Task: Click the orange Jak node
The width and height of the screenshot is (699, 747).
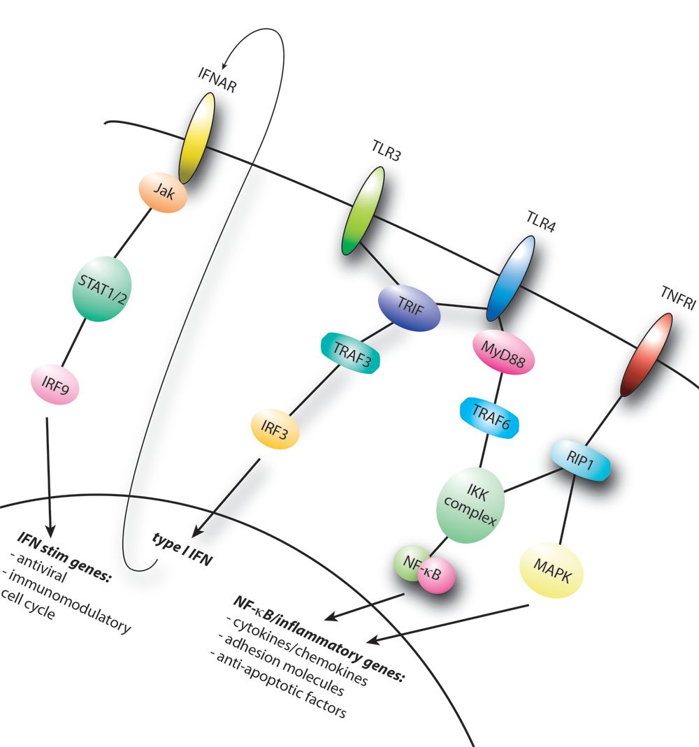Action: tap(163, 192)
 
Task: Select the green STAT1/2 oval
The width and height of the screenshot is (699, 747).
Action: tap(101, 289)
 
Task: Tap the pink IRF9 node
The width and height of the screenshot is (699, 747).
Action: tap(55, 384)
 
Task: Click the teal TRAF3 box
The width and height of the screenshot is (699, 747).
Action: tap(351, 353)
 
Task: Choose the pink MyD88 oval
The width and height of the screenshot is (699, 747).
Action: tap(503, 352)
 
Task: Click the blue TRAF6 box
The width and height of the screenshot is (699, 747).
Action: tap(489, 417)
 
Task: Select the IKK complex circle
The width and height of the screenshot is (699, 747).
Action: tap(470, 505)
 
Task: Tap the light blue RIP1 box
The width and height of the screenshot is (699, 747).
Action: tap(580, 460)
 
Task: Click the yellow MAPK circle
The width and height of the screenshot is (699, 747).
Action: tap(552, 570)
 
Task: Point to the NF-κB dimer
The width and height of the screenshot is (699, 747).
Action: tap(424, 570)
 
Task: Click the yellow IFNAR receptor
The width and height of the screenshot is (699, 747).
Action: tap(197, 138)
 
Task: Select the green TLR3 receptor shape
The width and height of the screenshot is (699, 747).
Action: tap(363, 210)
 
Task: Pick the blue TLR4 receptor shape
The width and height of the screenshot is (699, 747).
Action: tap(510, 278)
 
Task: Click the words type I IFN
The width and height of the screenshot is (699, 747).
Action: tap(182, 549)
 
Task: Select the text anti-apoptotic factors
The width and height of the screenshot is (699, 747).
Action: tap(281, 685)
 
